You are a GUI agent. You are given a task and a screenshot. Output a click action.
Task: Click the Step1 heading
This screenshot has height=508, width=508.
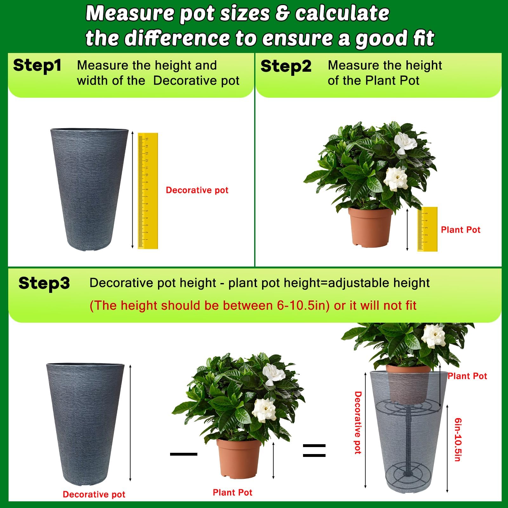[x=37, y=66]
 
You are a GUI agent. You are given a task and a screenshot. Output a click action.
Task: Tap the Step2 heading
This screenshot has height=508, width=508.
[x=286, y=67]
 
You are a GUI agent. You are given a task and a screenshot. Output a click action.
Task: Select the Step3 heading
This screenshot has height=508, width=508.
[x=44, y=283]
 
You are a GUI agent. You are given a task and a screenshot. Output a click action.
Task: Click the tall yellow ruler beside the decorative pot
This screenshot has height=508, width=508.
[x=148, y=191]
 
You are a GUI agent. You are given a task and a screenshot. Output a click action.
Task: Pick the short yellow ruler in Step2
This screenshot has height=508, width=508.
[x=427, y=229]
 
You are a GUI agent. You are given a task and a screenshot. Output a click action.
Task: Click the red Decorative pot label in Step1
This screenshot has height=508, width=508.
[x=197, y=190]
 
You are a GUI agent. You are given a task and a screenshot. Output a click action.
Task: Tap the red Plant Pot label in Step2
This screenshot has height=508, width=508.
[x=461, y=230]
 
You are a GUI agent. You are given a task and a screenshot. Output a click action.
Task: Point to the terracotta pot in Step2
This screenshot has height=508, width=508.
[x=370, y=227]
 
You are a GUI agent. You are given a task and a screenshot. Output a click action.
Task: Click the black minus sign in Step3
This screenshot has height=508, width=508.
[x=184, y=454]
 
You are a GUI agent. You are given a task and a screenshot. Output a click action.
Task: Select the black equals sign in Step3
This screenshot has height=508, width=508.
[x=314, y=450]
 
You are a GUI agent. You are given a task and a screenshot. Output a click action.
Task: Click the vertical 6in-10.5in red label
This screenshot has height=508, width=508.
[x=458, y=439]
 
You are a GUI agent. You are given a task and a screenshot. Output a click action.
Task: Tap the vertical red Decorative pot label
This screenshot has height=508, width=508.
[x=358, y=422]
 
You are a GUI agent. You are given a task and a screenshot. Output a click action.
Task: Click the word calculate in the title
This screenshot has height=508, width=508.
[x=342, y=13]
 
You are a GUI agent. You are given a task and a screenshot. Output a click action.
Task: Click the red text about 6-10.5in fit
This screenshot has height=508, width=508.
[x=253, y=305]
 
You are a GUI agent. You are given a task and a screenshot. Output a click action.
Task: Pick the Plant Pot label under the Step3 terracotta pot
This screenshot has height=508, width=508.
[x=233, y=492]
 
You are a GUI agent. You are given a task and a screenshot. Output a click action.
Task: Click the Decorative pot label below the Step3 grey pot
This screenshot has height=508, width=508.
[x=94, y=494]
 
